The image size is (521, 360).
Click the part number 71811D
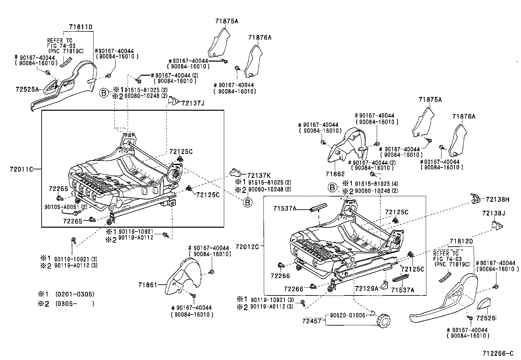[80, 27]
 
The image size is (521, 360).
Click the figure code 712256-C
[498, 353]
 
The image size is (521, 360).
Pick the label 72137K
[259, 175]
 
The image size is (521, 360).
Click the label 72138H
[497, 199]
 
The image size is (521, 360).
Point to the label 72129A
[366, 288]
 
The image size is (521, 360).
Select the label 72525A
[27, 89]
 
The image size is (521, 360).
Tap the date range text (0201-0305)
[75, 294]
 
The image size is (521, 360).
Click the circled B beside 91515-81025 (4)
[332, 187]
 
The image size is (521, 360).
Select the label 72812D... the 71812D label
[461, 241]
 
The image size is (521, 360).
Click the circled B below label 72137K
[248, 203]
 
